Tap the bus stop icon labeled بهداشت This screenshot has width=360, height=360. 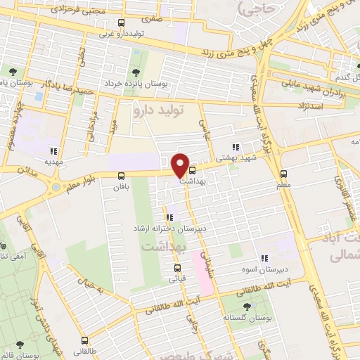point(193,169)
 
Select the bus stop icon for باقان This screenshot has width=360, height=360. point(122,176)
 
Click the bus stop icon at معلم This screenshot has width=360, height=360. point(283,174)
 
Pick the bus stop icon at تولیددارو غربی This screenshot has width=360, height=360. point(122,22)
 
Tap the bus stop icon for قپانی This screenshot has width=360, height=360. point(176,267)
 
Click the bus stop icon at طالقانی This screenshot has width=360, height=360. point(84,340)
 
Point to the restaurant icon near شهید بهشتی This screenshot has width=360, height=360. point(236,148)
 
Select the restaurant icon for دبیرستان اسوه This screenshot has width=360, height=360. point(265,259)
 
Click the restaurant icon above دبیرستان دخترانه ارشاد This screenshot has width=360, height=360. point(169,217)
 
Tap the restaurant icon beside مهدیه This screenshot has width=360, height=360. point(53,150)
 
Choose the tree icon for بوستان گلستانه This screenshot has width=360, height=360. point(246,307)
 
